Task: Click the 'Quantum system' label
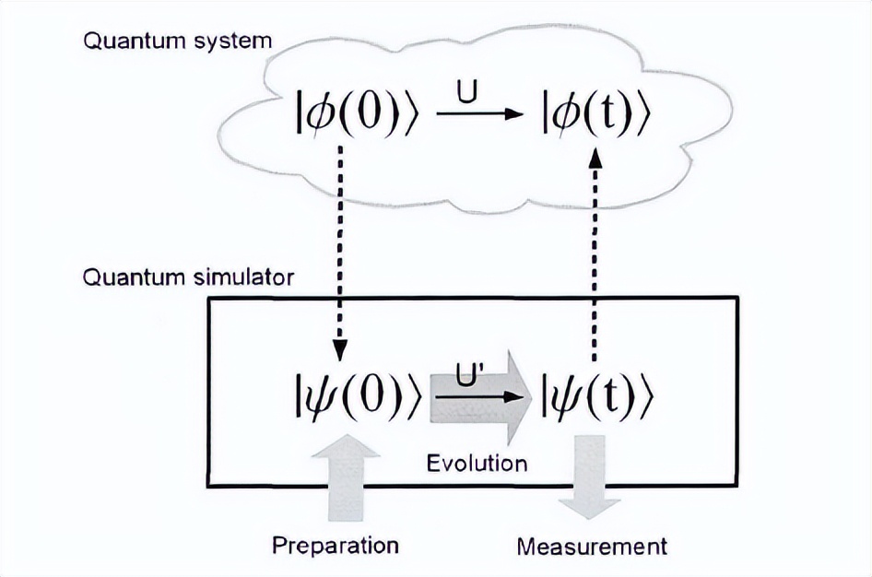tap(178, 41)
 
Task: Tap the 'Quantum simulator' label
tap(189, 277)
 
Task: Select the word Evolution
tap(477, 461)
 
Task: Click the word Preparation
tap(336, 545)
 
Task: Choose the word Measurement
tap(591, 546)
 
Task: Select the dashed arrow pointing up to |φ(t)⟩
tap(595, 258)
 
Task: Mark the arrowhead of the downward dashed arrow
tap(339, 351)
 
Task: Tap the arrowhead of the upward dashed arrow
tap(595, 159)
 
